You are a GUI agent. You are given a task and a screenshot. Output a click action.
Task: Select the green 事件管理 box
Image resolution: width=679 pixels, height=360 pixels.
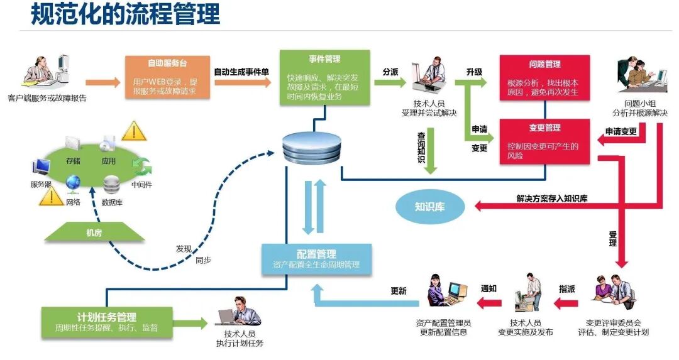pyautogui.click(x=324, y=78)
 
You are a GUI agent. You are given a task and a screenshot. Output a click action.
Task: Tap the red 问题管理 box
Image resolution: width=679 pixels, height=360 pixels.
pyautogui.click(x=544, y=78)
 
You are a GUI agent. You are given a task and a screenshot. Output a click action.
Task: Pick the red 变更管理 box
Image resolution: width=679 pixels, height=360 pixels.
pyautogui.click(x=544, y=141)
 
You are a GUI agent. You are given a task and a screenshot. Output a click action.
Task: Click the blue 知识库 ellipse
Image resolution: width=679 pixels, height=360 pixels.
pyautogui.click(x=429, y=206)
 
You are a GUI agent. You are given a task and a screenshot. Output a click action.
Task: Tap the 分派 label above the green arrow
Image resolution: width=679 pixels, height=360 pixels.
pyautogui.click(x=390, y=72)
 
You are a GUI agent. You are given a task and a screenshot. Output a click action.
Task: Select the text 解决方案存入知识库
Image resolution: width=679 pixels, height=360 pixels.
pyautogui.click(x=552, y=199)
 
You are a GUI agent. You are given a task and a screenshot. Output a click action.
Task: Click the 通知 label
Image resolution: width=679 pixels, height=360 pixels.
pyautogui.click(x=489, y=289)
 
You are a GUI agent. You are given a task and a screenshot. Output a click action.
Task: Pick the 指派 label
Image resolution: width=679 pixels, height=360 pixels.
pyautogui.click(x=566, y=289)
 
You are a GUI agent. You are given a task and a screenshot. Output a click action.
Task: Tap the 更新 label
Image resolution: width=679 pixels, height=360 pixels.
pyautogui.click(x=399, y=291)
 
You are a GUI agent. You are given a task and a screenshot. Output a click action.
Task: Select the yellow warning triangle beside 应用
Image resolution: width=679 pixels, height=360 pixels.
pyautogui.click(x=133, y=131)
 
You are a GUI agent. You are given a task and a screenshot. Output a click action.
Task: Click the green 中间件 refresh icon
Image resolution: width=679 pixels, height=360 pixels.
pyautogui.click(x=142, y=166)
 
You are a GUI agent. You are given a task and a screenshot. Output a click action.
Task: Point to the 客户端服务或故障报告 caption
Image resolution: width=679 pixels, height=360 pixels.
pyautogui.click(x=47, y=99)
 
